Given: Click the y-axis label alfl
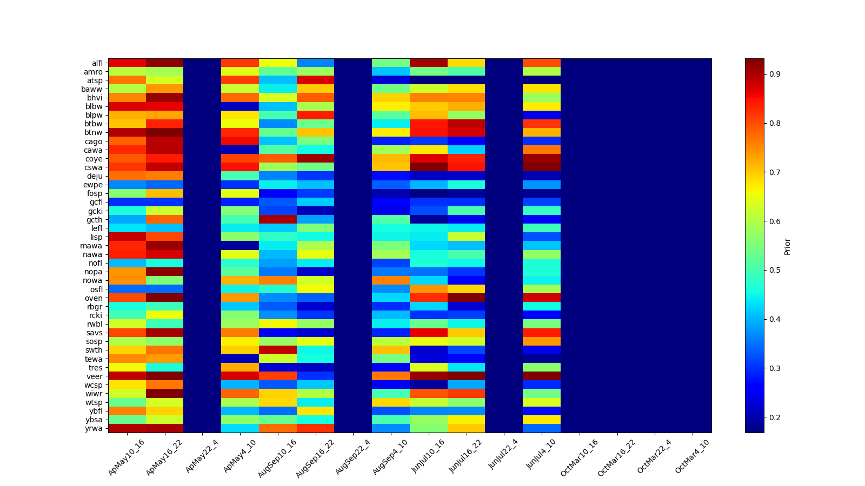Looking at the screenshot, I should tap(97, 63).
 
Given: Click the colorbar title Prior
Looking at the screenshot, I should tap(787, 246).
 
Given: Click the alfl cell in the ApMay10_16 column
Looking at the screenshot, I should tap(127, 63).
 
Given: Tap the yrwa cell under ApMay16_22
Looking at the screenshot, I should tap(165, 428).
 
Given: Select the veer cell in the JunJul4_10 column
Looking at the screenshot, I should tap(542, 376).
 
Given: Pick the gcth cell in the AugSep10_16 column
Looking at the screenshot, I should tap(278, 219).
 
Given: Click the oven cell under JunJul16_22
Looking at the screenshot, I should tap(466, 298).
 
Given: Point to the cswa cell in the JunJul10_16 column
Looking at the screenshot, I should tap(429, 167).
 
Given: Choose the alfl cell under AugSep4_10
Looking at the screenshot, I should tap(391, 63).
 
